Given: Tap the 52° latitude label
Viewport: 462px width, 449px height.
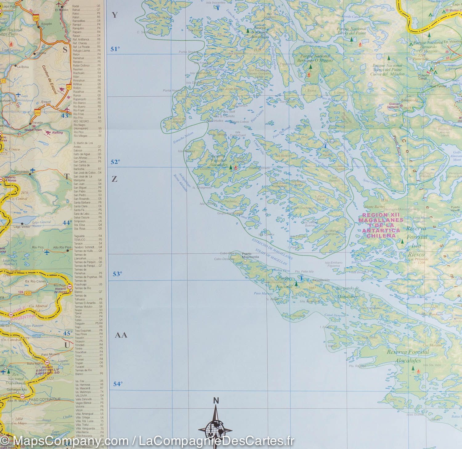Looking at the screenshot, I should tap(115, 162).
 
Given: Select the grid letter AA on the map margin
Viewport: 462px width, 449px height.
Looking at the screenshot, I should tap(121, 335).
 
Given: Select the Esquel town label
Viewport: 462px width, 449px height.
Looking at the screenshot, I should tap(46, 102).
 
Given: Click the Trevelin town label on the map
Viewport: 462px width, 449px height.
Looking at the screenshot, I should tap(37, 123).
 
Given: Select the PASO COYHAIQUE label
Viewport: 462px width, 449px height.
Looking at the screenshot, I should tap(45, 399).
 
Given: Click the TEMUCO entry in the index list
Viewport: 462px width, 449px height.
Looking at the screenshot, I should tap(79, 240).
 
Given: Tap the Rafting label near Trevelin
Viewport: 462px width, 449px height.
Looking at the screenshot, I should tap(57, 133).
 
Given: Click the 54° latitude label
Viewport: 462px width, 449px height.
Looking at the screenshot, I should tap(118, 384).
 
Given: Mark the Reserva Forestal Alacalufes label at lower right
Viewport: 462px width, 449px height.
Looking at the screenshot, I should tap(408, 356).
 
